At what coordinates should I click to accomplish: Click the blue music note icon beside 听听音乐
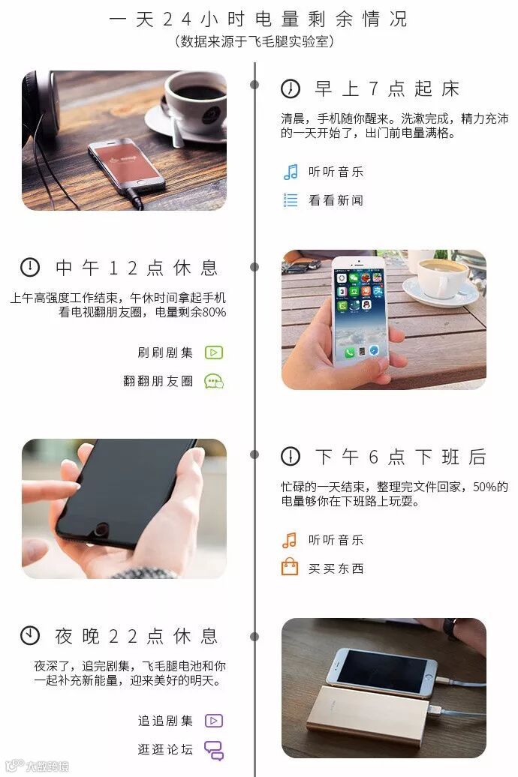click(x=291, y=172)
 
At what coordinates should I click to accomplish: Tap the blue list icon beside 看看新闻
click(x=291, y=200)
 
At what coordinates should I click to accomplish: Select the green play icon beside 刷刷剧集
click(x=214, y=352)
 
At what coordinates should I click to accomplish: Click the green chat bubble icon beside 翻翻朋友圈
click(x=214, y=381)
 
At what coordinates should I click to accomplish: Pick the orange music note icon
click(x=290, y=540)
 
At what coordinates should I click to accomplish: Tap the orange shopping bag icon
click(x=290, y=566)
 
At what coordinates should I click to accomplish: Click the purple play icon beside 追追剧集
click(x=214, y=721)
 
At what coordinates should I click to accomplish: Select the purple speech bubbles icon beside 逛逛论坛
click(x=215, y=750)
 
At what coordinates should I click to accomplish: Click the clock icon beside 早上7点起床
click(x=291, y=89)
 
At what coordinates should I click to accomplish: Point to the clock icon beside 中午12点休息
click(x=30, y=267)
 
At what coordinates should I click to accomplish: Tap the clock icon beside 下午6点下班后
click(x=291, y=456)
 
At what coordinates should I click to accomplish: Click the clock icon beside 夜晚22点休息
click(x=30, y=635)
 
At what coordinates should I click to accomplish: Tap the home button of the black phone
click(x=101, y=530)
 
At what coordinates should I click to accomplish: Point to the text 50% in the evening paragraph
click(x=485, y=487)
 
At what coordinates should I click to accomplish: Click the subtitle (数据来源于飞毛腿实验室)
click(x=254, y=42)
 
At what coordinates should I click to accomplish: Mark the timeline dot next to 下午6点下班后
click(x=254, y=454)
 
